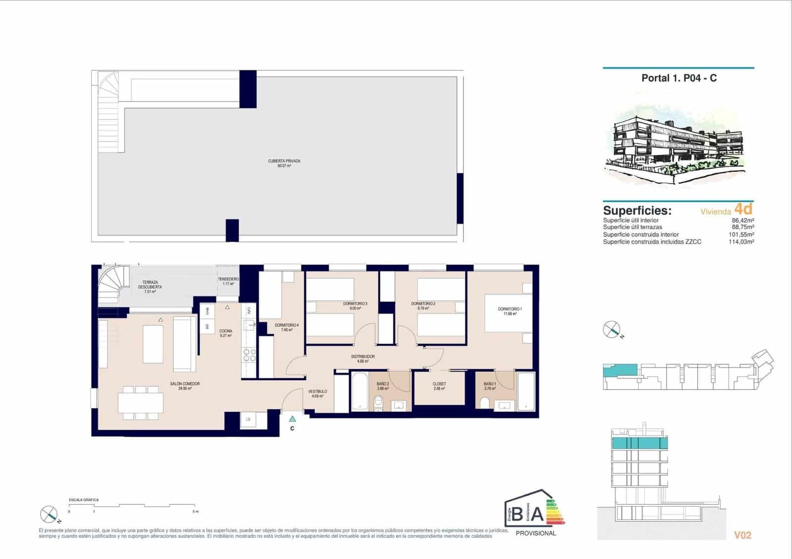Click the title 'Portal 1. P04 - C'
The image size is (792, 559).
pyautogui.click(x=679, y=78)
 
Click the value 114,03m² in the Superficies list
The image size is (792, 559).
pyautogui.click(x=742, y=242)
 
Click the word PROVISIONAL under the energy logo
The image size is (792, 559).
pyautogui.click(x=536, y=533)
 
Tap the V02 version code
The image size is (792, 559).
pyautogui.click(x=742, y=535)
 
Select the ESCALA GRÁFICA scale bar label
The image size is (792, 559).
pyautogui.click(x=84, y=500)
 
